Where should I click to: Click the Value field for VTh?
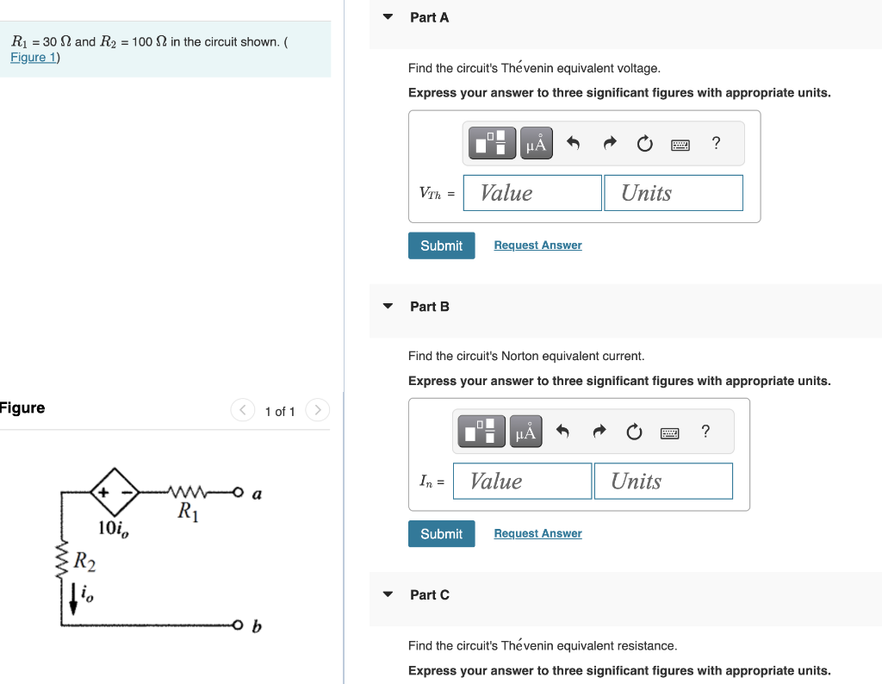[531, 193]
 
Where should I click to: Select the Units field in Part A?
[673, 193]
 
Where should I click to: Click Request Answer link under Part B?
[537, 534]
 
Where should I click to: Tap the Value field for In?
[522, 482]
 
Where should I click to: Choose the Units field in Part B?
[662, 482]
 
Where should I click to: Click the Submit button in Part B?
[441, 534]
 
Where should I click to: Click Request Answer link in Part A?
[537, 246]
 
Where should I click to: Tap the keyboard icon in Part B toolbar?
[670, 432]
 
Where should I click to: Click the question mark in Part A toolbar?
[716, 144]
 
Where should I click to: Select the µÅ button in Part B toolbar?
[525, 432]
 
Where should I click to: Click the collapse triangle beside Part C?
[388, 594]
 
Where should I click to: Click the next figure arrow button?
[318, 411]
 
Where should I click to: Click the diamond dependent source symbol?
[115, 494]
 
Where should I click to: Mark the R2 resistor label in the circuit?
[84, 563]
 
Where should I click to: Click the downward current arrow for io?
[73, 600]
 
